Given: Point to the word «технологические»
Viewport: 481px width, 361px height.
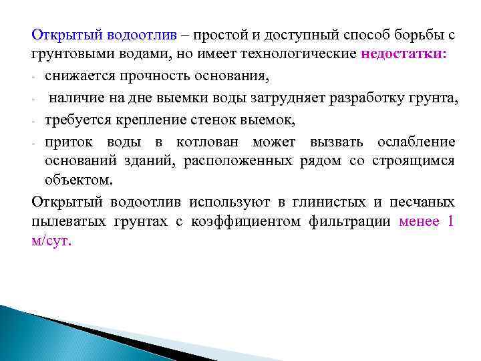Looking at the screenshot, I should click(x=306, y=53).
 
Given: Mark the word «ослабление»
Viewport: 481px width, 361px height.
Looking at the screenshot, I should click(x=416, y=142).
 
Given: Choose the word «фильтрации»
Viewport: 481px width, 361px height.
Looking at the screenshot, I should click(x=349, y=221).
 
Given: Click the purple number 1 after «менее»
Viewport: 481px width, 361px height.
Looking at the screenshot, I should click(x=450, y=221).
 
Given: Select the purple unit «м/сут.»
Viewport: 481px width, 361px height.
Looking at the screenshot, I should click(x=51, y=241).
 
